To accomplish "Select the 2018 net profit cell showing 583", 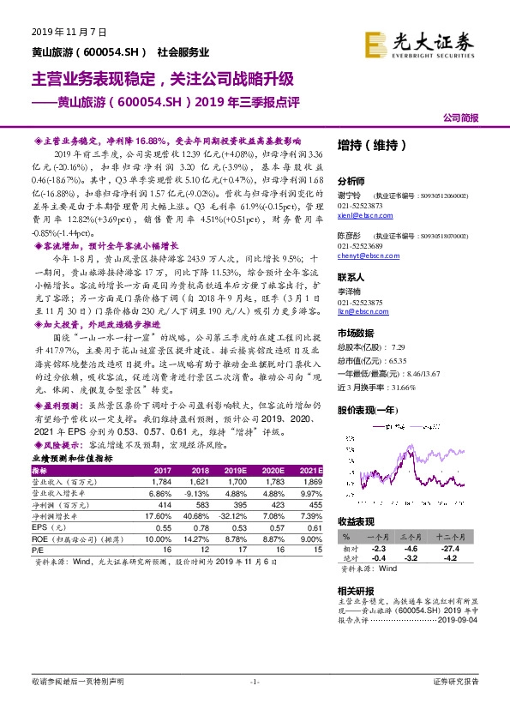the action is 200,506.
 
